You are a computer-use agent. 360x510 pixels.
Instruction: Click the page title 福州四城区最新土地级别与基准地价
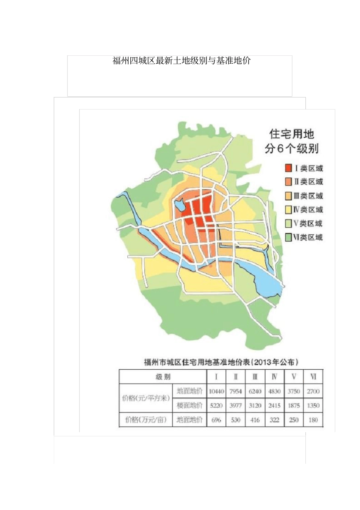(x=182, y=61)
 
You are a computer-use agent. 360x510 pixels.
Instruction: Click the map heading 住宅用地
(x=291, y=134)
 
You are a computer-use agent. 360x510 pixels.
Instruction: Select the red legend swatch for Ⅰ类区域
(x=289, y=168)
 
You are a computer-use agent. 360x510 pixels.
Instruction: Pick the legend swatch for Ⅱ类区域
(x=289, y=182)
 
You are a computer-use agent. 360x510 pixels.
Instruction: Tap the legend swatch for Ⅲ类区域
(x=289, y=196)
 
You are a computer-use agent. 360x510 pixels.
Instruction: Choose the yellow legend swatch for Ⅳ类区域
(x=289, y=210)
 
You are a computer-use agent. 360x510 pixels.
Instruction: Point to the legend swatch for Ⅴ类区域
(x=289, y=223)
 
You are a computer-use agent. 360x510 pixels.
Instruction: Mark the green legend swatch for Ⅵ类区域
(x=289, y=237)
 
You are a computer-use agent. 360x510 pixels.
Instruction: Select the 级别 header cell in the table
(x=163, y=377)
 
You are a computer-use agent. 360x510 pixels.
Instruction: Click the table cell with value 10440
(x=216, y=391)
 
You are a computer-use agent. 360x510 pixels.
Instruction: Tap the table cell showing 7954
(x=236, y=391)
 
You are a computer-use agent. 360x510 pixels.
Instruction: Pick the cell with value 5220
(x=216, y=405)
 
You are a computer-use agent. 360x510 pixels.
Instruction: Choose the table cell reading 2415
(x=274, y=405)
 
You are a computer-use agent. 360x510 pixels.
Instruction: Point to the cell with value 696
(x=216, y=420)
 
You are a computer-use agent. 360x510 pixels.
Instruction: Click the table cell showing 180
(x=313, y=420)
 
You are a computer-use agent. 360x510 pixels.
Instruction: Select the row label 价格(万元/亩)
(x=146, y=420)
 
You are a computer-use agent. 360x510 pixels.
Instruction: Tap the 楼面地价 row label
(x=189, y=405)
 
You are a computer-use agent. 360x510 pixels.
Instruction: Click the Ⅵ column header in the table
(x=313, y=377)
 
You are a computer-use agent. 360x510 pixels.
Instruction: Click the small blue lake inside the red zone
(x=179, y=206)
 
